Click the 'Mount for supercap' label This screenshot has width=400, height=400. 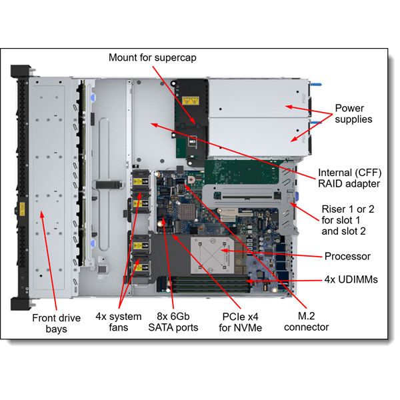click(x=157, y=57)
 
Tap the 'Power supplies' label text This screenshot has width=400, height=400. click(x=353, y=113)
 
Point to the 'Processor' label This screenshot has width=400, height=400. click(x=347, y=256)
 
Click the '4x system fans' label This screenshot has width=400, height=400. click(x=118, y=321)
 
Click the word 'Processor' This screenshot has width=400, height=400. click(x=347, y=256)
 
